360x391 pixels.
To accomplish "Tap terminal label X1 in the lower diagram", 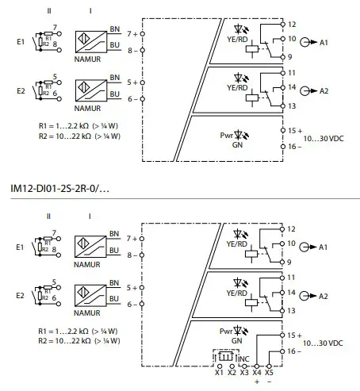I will click(219, 370).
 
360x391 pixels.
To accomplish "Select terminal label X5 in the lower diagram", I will click(270, 370).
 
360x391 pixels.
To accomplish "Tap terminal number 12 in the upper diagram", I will click(292, 25).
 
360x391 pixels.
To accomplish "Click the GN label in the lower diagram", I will click(236, 340).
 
